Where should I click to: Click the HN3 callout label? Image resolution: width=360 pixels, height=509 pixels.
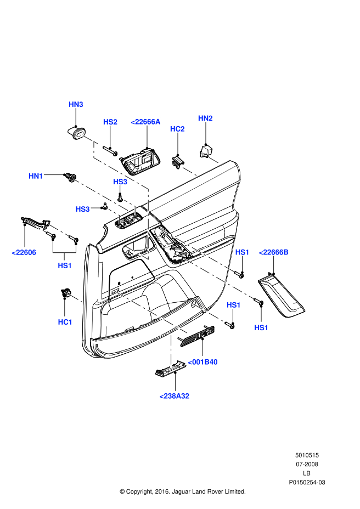point(76,104)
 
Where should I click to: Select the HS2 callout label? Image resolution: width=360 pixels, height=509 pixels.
point(110,122)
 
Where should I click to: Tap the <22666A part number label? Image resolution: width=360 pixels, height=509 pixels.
point(145,122)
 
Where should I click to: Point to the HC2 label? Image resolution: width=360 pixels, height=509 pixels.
point(177,129)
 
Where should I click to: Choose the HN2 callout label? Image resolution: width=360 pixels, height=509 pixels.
point(205,118)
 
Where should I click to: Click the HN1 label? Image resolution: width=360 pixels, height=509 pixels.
point(36,176)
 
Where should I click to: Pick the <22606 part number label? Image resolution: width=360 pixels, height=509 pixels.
point(24,252)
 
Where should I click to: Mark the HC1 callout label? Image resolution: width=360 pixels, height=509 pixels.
point(65,322)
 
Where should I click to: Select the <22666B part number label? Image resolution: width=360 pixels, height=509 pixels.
point(273,252)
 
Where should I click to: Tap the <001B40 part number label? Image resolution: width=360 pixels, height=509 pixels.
point(203,362)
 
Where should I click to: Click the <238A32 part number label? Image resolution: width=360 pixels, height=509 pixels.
point(174,395)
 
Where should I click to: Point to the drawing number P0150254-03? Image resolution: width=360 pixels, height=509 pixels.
point(307,482)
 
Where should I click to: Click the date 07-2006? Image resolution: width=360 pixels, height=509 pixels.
point(307,464)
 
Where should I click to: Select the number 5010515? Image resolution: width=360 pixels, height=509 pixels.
point(307,455)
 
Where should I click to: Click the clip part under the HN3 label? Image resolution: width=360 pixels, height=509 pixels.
point(75,132)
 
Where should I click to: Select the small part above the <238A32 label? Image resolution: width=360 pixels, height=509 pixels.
point(168,371)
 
